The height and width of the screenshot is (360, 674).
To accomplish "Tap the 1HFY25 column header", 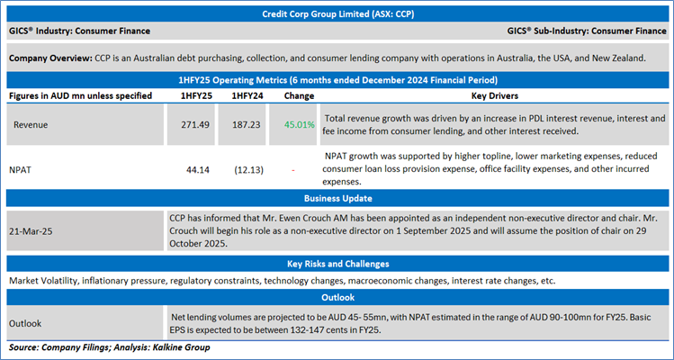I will [196, 94].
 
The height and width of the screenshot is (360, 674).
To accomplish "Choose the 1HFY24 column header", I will [247, 94].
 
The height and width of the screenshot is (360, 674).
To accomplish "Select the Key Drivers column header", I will [495, 94].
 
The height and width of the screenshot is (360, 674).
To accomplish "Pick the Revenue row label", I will [31, 124].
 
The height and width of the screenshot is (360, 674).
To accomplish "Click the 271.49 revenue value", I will [198, 124].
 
